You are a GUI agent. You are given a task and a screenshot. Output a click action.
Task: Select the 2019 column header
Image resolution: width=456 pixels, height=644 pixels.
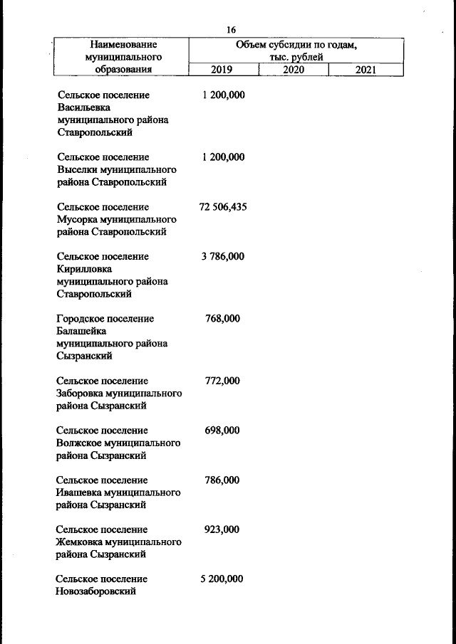pos(222,70)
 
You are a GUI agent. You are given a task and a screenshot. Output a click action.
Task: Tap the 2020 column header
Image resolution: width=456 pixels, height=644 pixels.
pos(293,70)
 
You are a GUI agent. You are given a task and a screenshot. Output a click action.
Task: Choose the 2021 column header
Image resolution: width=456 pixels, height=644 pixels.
pos(365,70)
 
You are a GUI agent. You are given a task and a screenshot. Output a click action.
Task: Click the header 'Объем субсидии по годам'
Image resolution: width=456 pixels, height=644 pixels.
pos(296,45)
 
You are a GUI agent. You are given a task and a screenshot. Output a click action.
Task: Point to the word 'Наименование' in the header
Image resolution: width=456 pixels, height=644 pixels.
pos(120,45)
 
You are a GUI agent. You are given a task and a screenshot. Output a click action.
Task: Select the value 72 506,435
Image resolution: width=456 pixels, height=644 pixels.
pos(222,207)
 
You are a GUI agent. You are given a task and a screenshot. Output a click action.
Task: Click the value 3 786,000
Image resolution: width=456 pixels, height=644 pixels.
pos(222,256)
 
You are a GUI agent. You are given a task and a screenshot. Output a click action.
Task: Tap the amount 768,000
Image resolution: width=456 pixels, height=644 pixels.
pos(222,319)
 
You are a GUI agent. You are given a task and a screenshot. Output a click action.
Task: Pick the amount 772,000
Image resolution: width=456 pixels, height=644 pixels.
pos(222,381)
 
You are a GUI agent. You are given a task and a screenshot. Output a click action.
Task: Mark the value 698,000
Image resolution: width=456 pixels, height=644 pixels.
pos(222,431)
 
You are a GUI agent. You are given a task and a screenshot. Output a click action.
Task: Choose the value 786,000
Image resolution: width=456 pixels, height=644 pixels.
pos(222,480)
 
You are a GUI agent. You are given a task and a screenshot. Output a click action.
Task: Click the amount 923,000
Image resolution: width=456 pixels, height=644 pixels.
pos(222,529)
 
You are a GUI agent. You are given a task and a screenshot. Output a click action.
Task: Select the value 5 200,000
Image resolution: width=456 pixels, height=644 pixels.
pos(222,579)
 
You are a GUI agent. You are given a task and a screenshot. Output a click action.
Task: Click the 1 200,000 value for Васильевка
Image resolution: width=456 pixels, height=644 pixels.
pos(223,95)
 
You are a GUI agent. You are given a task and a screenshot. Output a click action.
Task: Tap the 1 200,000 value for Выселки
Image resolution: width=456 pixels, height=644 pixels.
pos(223,157)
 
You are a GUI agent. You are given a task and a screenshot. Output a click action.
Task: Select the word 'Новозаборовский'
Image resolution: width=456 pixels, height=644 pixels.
pos(96,591)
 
